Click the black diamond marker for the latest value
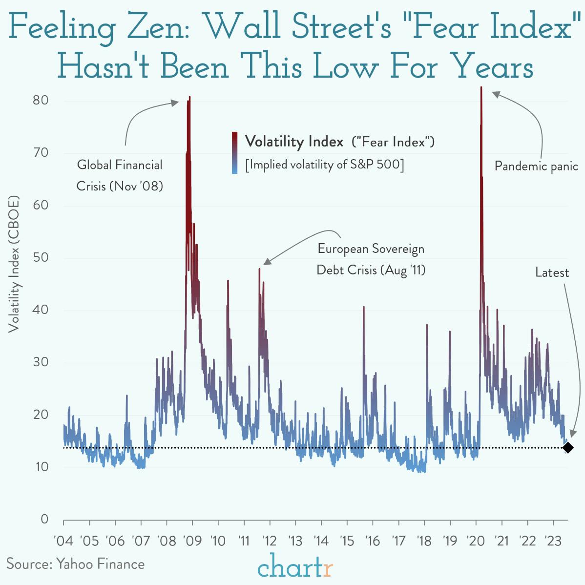click(x=567, y=447)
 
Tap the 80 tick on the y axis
click(x=41, y=101)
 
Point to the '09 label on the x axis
click(x=192, y=541)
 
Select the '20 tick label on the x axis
click(x=475, y=541)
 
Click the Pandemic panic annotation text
click(x=536, y=166)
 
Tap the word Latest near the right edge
click(x=552, y=272)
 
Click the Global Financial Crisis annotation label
click(x=120, y=175)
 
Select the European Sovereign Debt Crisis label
click(x=371, y=259)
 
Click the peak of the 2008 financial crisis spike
click(x=189, y=97)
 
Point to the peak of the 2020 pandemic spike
click(x=481, y=87)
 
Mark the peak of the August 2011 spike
click(x=260, y=269)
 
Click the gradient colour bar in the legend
click(x=235, y=152)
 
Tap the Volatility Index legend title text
click(x=294, y=142)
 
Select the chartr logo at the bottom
click(x=295, y=566)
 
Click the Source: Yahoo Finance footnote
click(x=76, y=564)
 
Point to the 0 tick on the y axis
click(x=44, y=519)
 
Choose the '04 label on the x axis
click(x=63, y=541)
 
